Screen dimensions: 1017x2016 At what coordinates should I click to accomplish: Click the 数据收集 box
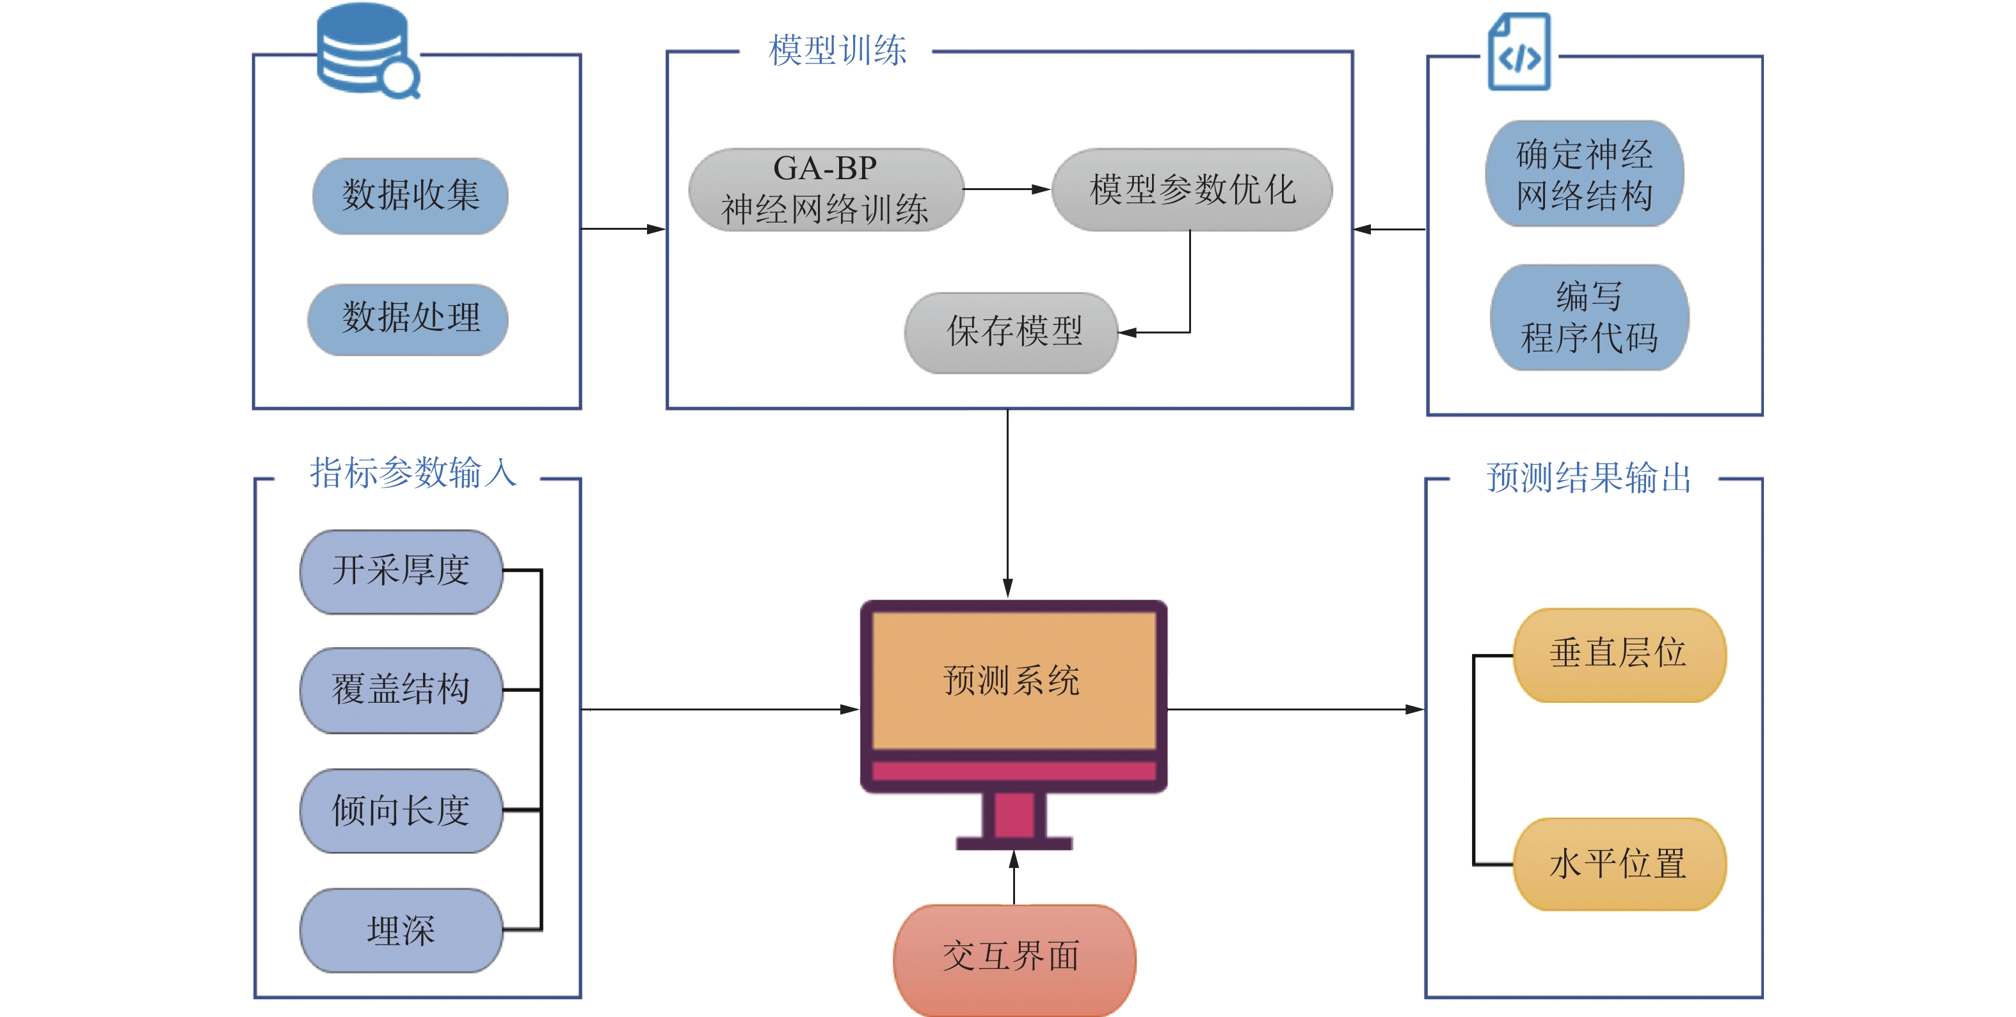click(410, 196)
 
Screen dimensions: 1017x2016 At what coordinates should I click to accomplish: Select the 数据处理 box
click(408, 319)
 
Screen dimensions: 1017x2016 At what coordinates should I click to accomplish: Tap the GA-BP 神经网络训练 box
click(826, 190)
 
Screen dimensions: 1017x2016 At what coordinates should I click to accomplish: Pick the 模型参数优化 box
click(1192, 190)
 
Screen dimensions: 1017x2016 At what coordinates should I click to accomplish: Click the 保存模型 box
click(1012, 333)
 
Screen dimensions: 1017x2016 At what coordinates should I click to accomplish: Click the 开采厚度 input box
click(401, 572)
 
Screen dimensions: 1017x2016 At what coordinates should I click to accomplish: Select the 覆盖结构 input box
click(401, 691)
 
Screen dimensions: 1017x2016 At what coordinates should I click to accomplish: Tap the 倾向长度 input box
click(401, 810)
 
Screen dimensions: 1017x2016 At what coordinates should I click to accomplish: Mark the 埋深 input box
click(401, 930)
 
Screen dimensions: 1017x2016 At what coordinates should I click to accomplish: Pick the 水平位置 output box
click(1619, 864)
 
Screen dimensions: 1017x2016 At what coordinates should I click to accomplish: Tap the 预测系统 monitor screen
click(1014, 680)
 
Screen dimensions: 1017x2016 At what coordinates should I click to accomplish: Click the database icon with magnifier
click(366, 50)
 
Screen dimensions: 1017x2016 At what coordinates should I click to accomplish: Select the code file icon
click(1518, 52)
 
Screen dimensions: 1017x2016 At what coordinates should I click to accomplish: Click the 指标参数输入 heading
click(413, 474)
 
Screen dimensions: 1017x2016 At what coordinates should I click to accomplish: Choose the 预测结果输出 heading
click(1588, 477)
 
